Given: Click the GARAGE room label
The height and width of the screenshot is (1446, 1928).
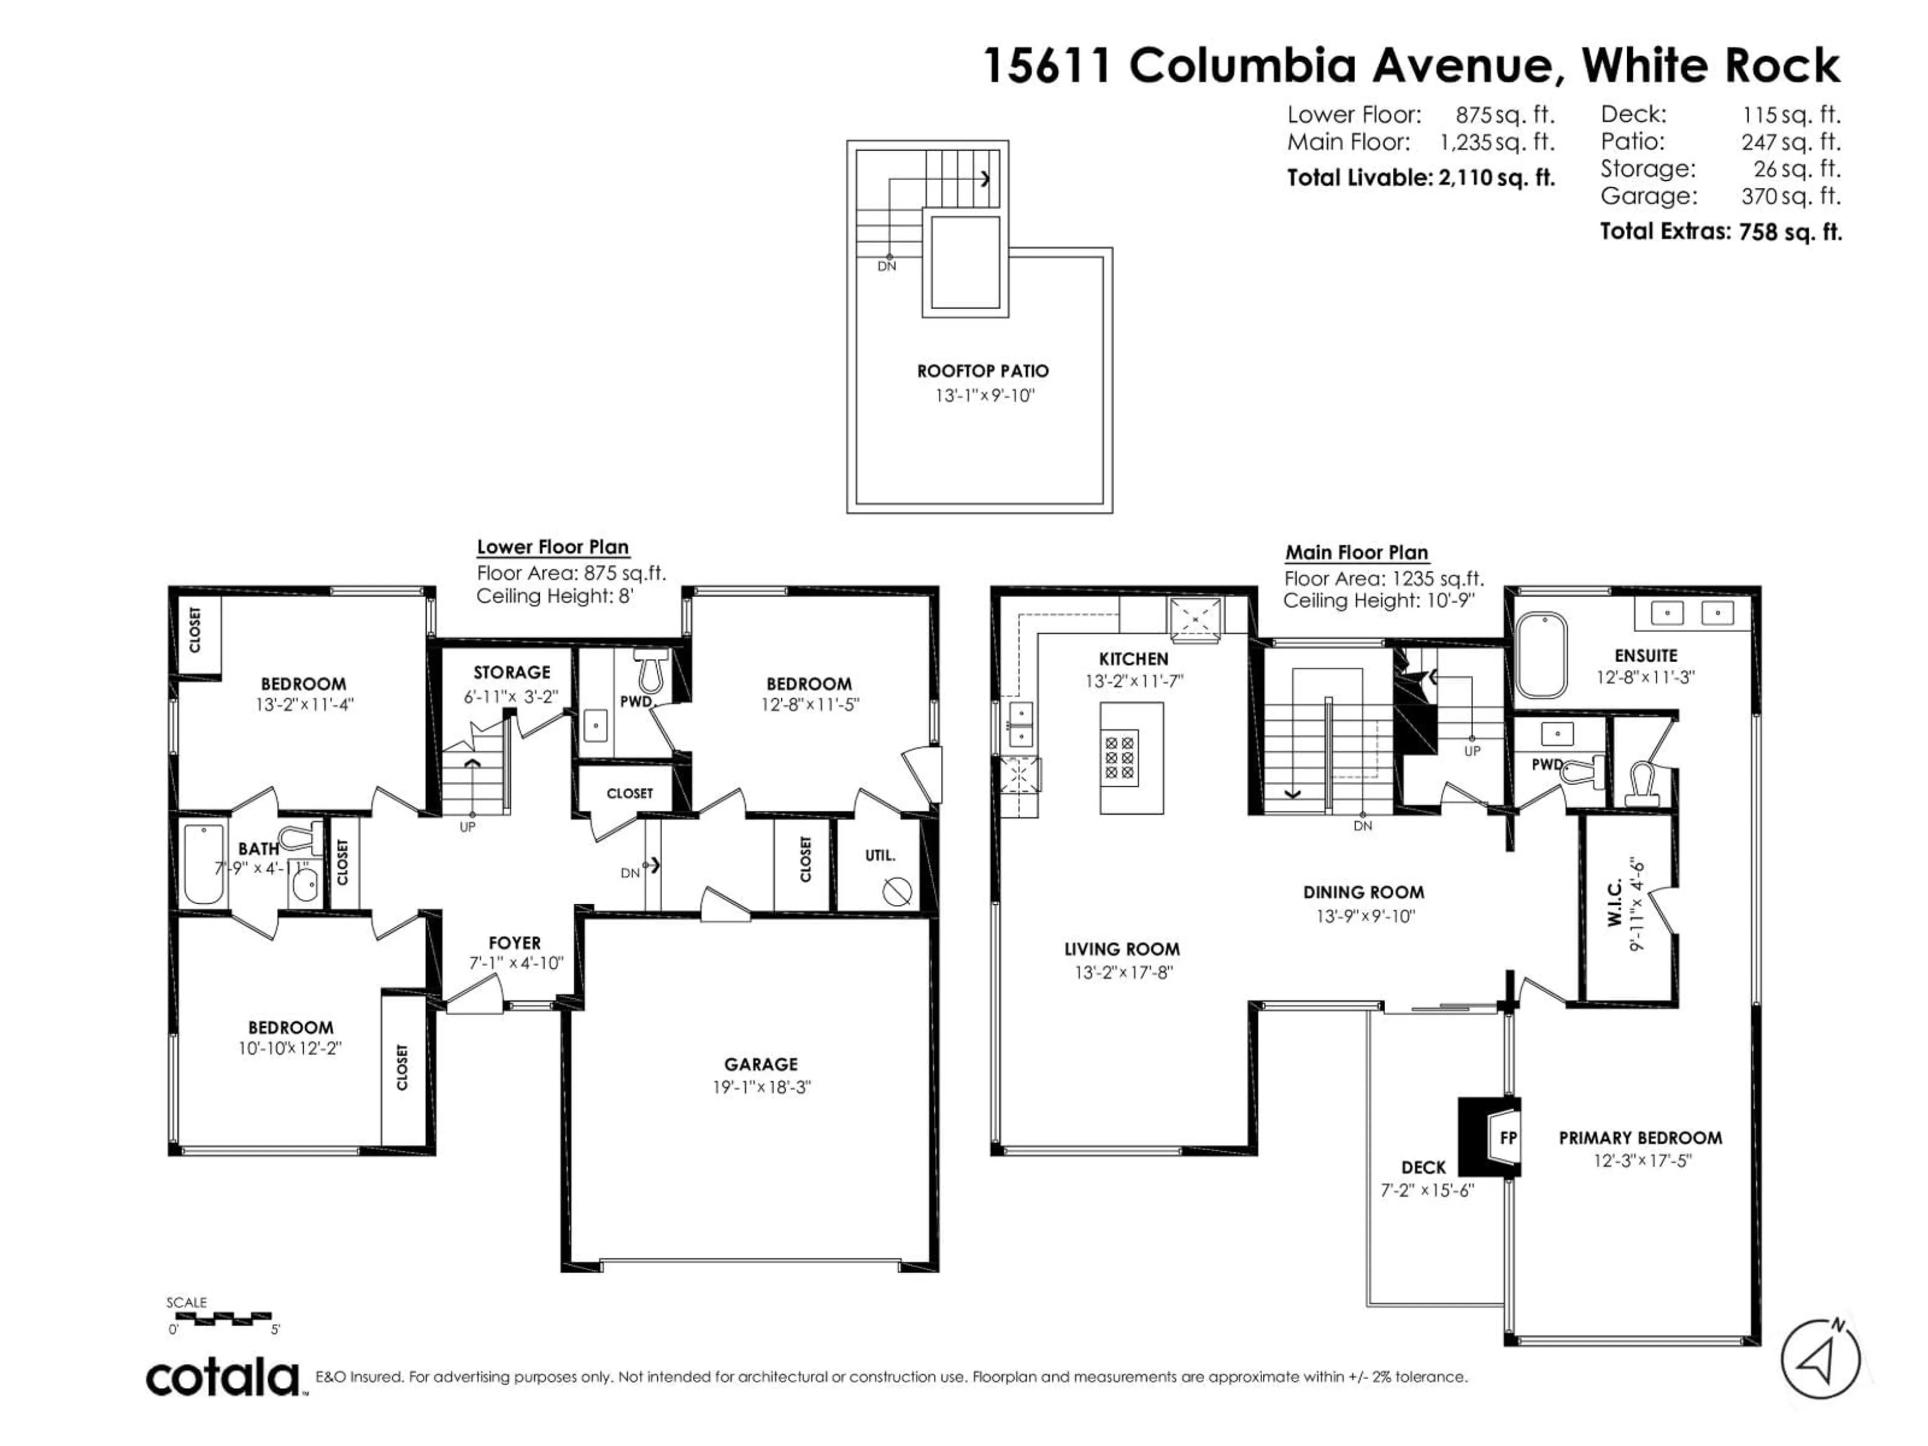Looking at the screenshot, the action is pyautogui.click(x=761, y=1064).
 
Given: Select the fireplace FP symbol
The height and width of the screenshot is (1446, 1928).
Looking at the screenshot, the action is pyautogui.click(x=1491, y=1137).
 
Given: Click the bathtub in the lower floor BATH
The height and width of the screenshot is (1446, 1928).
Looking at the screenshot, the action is pyautogui.click(x=205, y=865).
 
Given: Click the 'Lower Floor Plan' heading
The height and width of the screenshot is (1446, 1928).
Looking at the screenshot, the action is pyautogui.click(x=553, y=547).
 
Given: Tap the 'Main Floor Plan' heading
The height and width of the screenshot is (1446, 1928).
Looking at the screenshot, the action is pyautogui.click(x=1356, y=553).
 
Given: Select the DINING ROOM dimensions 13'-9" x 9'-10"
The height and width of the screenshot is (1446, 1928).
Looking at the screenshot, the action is pyautogui.click(x=1366, y=916).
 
